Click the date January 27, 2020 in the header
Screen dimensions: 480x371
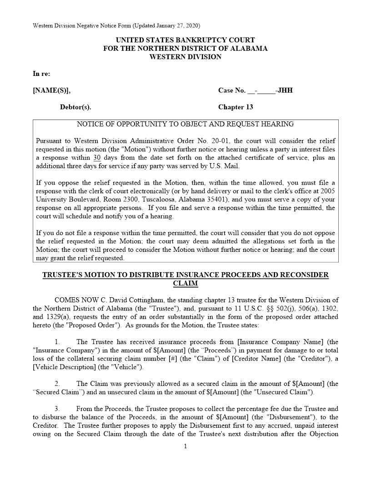(x=175, y=25)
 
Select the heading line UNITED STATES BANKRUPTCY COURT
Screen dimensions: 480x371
(x=185, y=40)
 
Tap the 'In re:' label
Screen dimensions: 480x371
(x=41, y=74)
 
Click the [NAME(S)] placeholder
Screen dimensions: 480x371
(x=51, y=90)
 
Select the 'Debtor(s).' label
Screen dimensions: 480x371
(x=75, y=107)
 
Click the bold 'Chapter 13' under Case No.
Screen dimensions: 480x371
(x=236, y=107)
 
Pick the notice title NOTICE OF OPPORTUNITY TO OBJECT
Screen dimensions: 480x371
(x=185, y=124)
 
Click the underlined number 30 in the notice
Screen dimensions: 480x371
(x=97, y=158)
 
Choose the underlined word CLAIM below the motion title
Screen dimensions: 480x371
(x=185, y=284)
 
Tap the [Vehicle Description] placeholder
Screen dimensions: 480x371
(x=65, y=367)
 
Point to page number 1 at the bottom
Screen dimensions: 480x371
(x=185, y=446)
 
